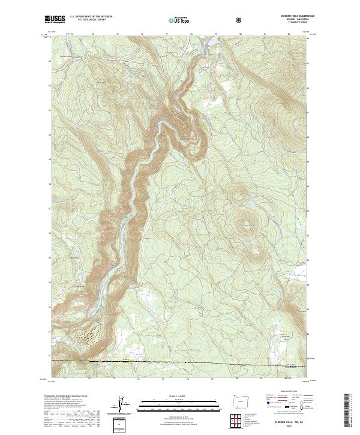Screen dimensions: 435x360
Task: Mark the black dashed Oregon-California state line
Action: (x=180, y=362)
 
